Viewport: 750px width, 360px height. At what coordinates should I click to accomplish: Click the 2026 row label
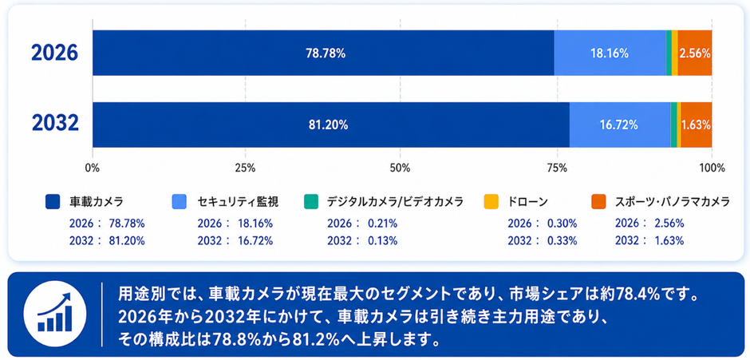[54, 53]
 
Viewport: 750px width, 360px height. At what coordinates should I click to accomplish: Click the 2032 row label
[55, 125]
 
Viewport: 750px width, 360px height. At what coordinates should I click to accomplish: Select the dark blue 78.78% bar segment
[323, 53]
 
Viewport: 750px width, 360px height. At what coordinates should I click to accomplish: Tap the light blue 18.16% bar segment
[610, 53]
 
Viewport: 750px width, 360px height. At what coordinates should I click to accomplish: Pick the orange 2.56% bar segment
[695, 53]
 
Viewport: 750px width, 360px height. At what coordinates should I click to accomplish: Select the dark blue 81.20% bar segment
[331, 125]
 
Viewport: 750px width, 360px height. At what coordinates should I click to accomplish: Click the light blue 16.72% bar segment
[620, 125]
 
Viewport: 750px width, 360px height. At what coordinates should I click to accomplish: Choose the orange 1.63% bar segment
[697, 125]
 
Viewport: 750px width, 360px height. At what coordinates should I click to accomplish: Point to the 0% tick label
[92, 168]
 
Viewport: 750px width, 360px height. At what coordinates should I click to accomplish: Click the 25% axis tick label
[245, 168]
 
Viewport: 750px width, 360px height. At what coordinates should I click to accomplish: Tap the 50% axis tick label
[401, 168]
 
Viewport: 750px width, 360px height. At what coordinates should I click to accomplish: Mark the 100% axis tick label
[712, 168]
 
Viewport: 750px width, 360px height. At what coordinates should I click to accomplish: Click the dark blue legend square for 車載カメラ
[52, 201]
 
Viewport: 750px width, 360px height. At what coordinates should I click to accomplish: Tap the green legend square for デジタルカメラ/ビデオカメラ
[310, 201]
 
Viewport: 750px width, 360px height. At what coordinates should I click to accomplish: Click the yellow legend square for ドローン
[491, 201]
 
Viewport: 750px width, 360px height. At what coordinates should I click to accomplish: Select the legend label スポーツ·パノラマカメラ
[672, 202]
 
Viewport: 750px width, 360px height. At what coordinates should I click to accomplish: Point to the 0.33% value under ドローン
[562, 240]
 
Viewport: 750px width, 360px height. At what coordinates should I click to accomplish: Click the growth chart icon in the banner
[54, 314]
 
